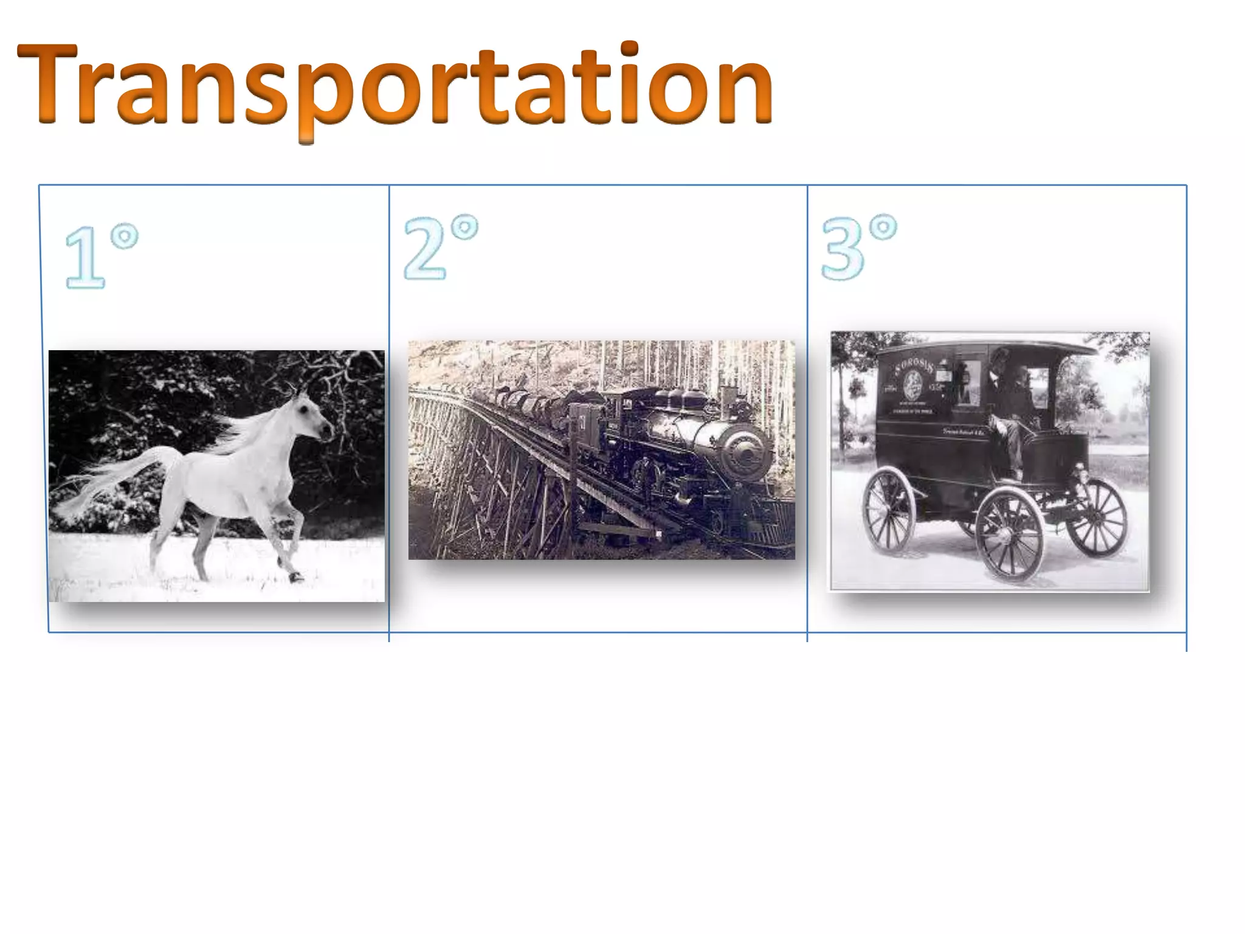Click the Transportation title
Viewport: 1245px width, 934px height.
[395, 85]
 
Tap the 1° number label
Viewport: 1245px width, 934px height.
[101, 255]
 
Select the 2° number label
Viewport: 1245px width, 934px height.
[440, 246]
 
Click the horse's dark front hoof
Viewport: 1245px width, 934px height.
[296, 576]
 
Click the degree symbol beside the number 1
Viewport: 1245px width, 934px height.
[125, 236]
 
